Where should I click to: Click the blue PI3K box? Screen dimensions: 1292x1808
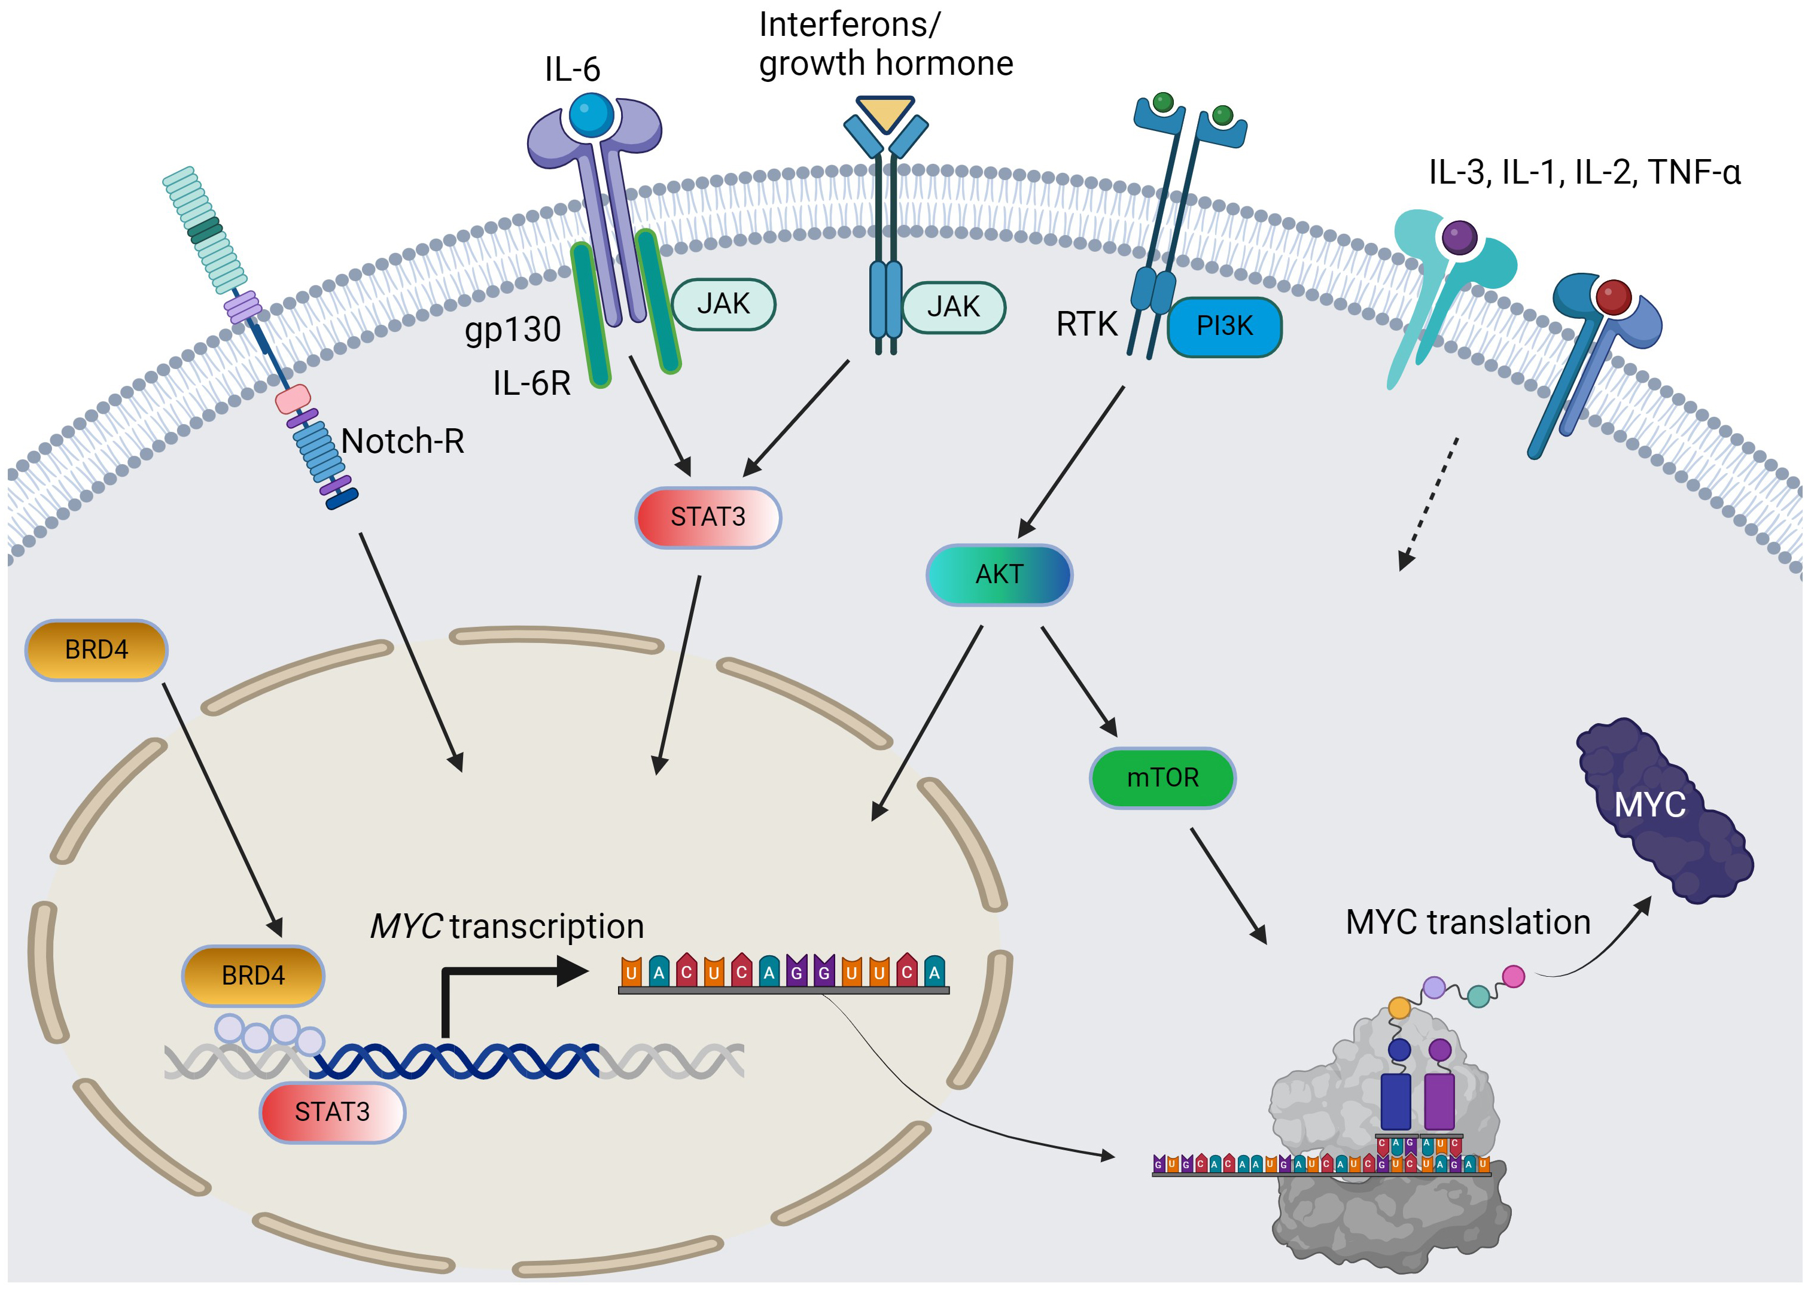coord(1224,326)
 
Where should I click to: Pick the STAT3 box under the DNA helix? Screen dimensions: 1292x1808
coord(332,1111)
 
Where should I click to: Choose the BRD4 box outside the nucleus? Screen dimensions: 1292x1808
coord(96,650)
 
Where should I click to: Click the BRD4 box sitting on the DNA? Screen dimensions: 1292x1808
coord(253,976)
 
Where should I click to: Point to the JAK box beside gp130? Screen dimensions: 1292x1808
coord(723,304)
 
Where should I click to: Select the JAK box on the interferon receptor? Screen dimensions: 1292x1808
coord(953,307)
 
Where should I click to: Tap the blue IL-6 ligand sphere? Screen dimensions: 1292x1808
coord(591,115)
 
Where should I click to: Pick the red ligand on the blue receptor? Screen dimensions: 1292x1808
coord(1613,297)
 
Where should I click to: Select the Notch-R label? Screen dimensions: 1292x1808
coord(403,441)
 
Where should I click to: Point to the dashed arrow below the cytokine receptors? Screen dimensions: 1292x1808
coord(1429,503)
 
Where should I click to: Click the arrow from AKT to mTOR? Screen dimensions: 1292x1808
coord(1079,681)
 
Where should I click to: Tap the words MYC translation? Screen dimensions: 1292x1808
coord(1468,922)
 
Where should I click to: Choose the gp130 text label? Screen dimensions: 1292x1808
coord(513,330)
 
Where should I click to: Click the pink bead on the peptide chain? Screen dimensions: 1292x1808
coord(1513,976)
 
